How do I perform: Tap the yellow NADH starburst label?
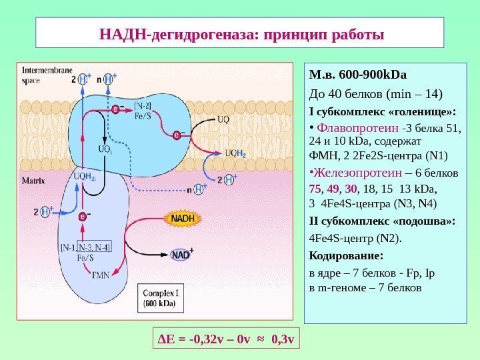[x=183, y=218]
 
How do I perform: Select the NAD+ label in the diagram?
[x=181, y=255]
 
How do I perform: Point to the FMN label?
[x=100, y=275]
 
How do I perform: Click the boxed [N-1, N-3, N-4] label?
[x=86, y=247]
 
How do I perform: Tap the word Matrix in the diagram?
[x=33, y=180]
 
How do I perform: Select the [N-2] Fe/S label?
[x=143, y=111]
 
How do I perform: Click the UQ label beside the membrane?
[x=224, y=121]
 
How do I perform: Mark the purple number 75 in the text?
[x=317, y=189]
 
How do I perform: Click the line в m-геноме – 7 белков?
[x=365, y=288]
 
